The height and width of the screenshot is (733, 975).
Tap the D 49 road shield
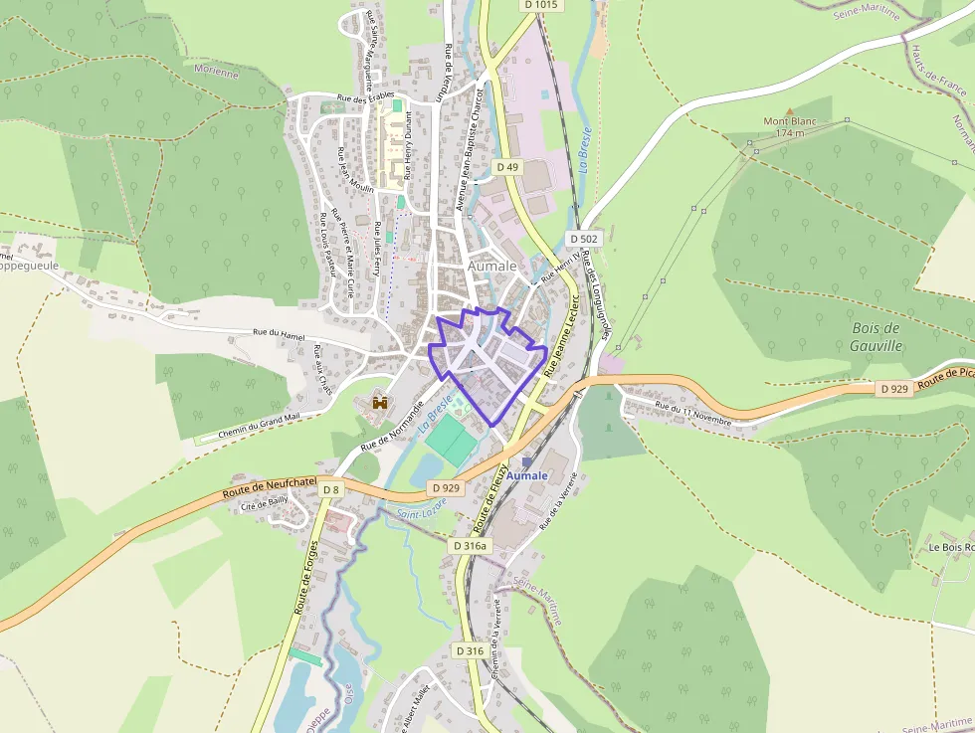tap(507, 167)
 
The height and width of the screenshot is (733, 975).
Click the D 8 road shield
tap(330, 488)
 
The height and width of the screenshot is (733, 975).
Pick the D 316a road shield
tap(470, 546)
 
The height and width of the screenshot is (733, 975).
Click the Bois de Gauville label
tap(877, 336)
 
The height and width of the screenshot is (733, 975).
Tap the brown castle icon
tap(378, 402)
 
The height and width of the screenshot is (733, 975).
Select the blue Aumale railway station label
tap(526, 475)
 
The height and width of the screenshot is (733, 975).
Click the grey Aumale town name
tap(492, 267)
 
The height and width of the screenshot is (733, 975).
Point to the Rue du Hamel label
tap(278, 334)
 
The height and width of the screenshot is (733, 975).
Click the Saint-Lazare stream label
tap(422, 511)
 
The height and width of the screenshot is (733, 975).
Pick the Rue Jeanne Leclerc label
tap(559, 339)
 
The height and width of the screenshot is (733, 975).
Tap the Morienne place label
tap(217, 73)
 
